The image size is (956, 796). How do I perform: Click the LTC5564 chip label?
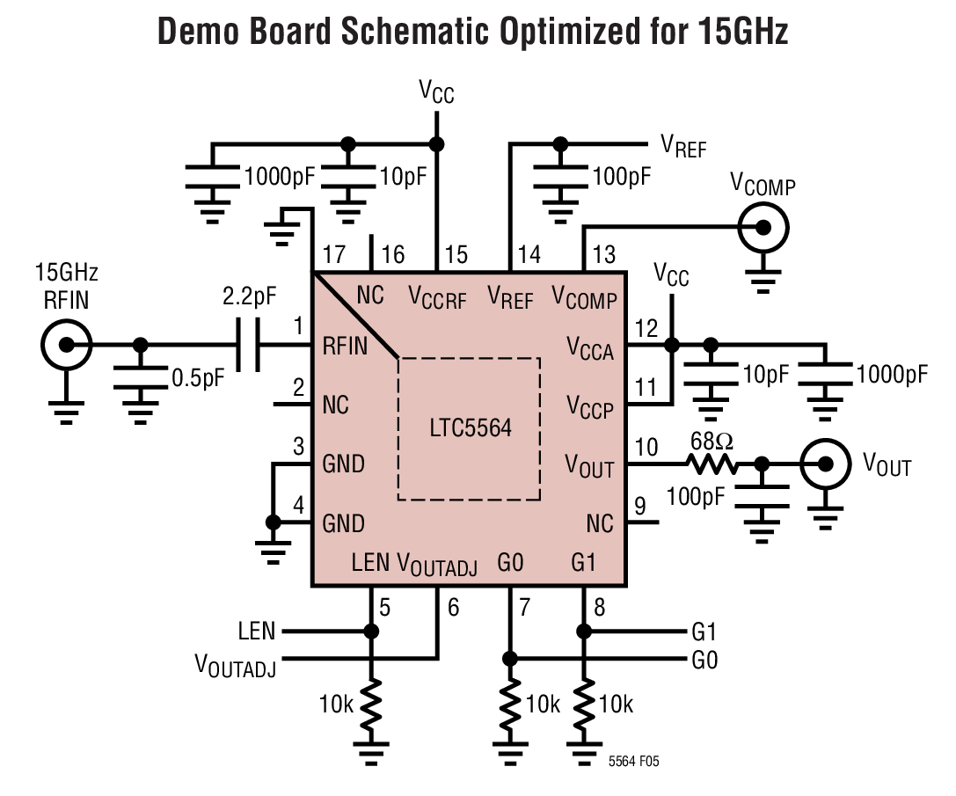[x=471, y=428]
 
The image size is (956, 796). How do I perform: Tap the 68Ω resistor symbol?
[x=711, y=464]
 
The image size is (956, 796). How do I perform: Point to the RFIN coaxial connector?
[x=66, y=345]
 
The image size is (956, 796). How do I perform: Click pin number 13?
[x=603, y=256]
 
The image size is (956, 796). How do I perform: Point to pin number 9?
[x=639, y=506]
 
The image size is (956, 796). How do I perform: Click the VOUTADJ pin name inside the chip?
[x=437, y=564]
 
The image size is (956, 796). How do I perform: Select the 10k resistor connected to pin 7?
[x=509, y=705]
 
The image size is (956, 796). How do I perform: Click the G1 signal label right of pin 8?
[x=704, y=632]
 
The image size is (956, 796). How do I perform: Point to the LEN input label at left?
[x=256, y=632]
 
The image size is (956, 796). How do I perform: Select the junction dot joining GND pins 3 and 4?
[x=274, y=522]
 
